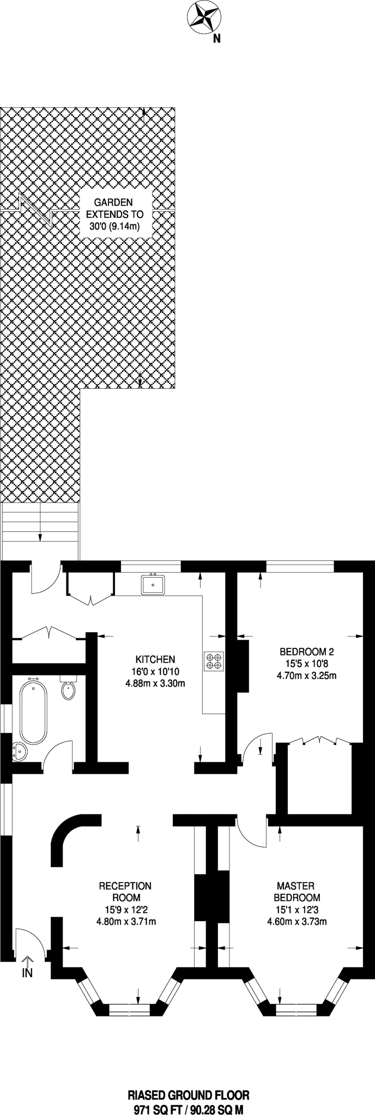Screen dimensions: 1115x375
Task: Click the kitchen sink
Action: tap(153, 585)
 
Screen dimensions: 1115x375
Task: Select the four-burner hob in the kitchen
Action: tap(214, 661)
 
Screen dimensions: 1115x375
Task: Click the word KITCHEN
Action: tap(155, 658)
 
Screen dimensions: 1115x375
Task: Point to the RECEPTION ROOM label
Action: tap(125, 892)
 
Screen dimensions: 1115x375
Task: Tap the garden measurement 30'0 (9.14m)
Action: tap(114, 226)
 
